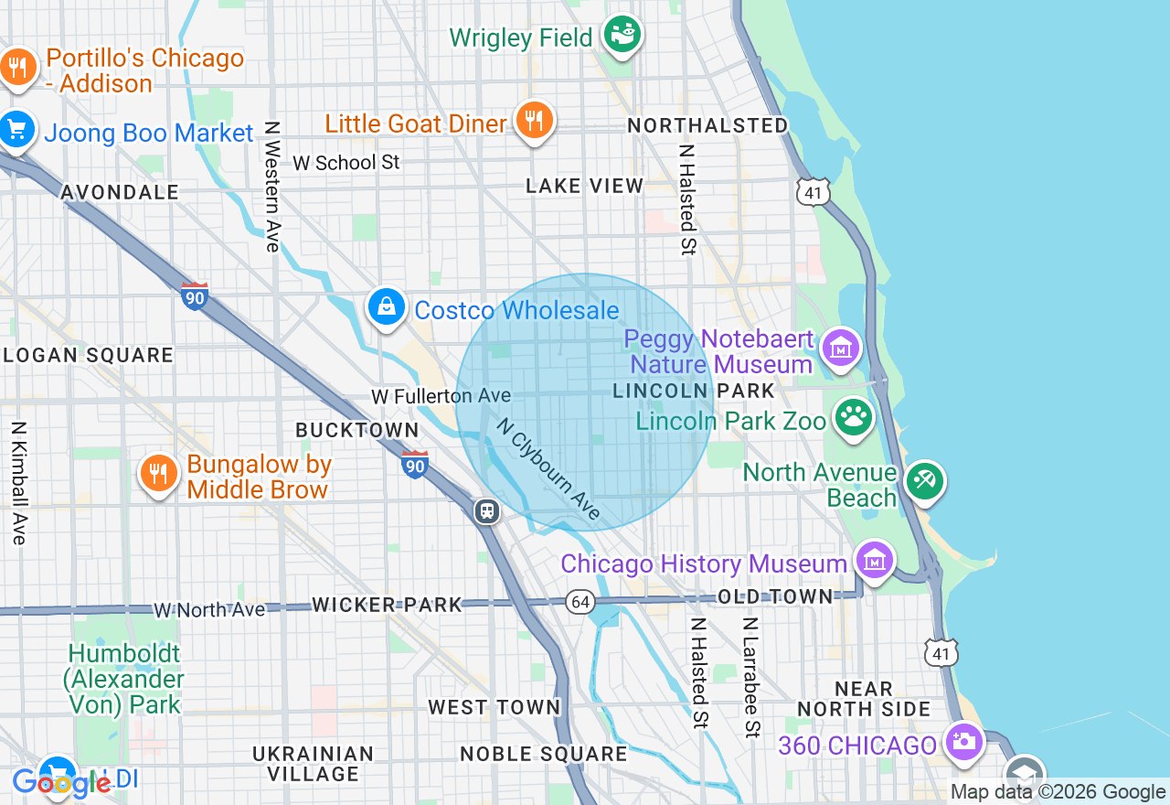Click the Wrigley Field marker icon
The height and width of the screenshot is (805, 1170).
click(624, 35)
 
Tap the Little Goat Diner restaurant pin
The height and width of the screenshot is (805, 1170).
click(534, 120)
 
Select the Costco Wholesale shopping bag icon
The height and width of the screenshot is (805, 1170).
click(387, 307)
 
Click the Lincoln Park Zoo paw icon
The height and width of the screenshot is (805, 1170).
click(854, 418)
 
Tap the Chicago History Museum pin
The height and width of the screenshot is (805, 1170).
click(875, 560)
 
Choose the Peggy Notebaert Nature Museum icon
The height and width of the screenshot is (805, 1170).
click(841, 348)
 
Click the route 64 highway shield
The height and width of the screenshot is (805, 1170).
click(580, 601)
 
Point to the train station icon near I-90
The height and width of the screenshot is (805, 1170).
click(487, 510)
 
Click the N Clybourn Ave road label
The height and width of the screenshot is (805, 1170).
click(549, 469)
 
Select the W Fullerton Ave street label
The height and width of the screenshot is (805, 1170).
click(441, 396)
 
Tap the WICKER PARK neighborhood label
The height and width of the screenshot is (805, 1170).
click(386, 605)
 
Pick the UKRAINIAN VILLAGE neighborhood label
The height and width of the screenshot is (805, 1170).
click(314, 764)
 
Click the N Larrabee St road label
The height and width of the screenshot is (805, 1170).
click(750, 677)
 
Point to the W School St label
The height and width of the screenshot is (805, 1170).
click(346, 163)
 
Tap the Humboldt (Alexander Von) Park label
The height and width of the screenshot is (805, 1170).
click(124, 679)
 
